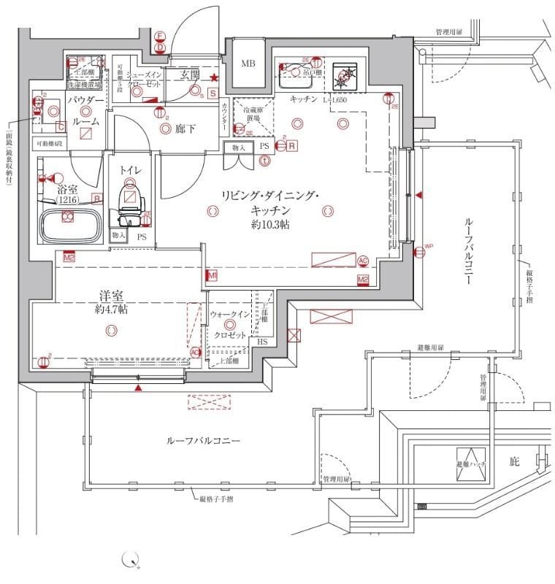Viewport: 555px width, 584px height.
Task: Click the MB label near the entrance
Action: (x=248, y=64)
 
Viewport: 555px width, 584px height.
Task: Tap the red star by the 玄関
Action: (x=213, y=78)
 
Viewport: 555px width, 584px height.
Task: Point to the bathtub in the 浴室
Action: (x=70, y=225)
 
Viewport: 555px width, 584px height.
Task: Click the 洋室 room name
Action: (x=111, y=296)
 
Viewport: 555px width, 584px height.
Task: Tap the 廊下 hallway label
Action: (x=185, y=129)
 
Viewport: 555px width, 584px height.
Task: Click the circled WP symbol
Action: (x=419, y=253)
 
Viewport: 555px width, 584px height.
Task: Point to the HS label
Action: (x=262, y=342)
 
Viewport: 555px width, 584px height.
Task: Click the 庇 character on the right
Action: (x=514, y=461)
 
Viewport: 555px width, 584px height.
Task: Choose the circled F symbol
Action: (x=160, y=35)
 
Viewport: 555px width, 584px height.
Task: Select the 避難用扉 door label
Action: (x=431, y=349)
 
